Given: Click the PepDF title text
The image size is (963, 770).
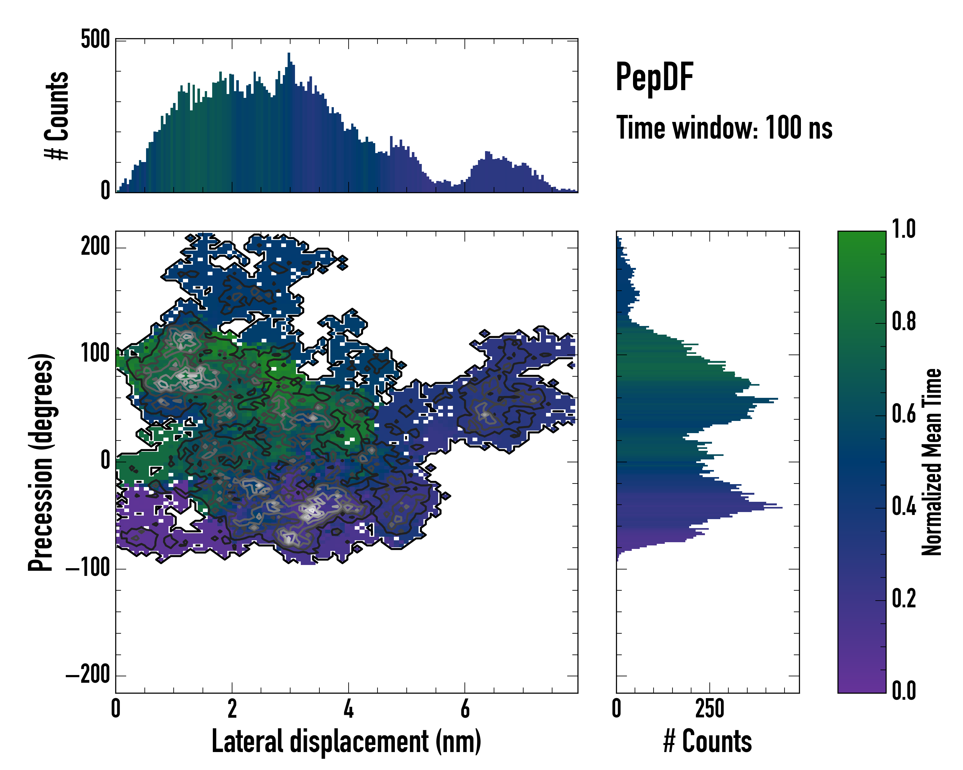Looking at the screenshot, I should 654,78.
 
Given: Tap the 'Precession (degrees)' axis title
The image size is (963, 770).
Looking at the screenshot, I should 41,462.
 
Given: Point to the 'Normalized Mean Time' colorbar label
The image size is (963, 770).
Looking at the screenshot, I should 932,462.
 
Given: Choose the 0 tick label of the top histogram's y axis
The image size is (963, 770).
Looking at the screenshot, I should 105,191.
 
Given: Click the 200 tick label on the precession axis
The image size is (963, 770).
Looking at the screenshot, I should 95,246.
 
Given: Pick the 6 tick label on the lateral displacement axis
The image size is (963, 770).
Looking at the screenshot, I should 465,708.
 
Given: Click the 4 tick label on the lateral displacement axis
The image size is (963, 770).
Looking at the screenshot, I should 348,708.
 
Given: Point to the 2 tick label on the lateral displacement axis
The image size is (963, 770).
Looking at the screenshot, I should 232,708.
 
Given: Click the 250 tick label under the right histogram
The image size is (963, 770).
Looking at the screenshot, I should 710,708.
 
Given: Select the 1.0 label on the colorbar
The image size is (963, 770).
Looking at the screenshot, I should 904,229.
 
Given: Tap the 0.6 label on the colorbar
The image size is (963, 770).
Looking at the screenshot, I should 904,414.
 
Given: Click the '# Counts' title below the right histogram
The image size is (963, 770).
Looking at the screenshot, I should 707,741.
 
